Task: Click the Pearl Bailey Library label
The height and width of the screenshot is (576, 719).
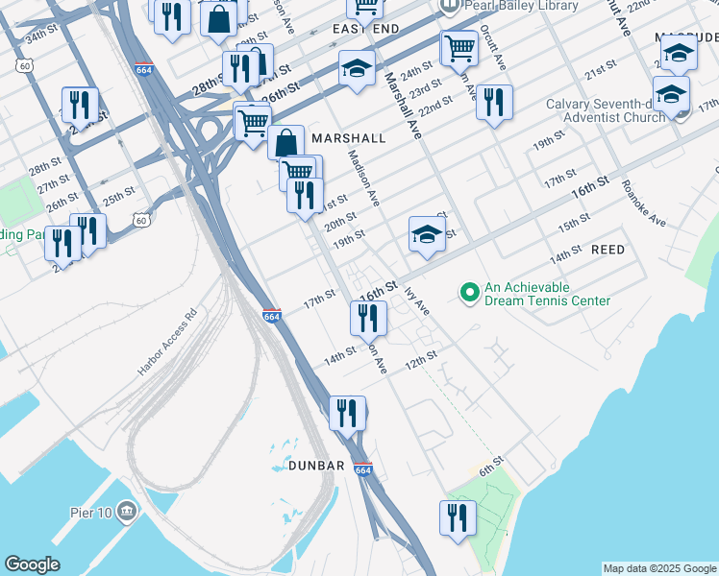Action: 522,6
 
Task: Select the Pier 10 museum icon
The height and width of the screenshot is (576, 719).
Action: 127,511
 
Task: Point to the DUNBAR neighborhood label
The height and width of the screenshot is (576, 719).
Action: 316,466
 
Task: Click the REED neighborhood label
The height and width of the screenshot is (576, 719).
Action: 607,250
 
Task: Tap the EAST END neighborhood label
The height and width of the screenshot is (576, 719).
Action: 366,31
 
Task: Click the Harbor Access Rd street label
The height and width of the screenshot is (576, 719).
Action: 166,341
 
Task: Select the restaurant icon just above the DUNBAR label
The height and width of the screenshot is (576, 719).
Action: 347,413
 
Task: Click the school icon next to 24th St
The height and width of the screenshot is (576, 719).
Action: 357,69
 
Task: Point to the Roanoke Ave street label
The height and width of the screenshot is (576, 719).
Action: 643,204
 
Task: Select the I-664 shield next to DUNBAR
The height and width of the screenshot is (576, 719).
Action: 362,469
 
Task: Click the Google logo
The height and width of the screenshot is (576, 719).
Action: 32,564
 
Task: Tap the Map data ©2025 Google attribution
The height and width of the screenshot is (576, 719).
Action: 659,568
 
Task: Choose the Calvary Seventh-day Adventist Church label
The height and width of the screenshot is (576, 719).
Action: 606,110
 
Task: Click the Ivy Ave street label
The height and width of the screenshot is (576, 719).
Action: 415,299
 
